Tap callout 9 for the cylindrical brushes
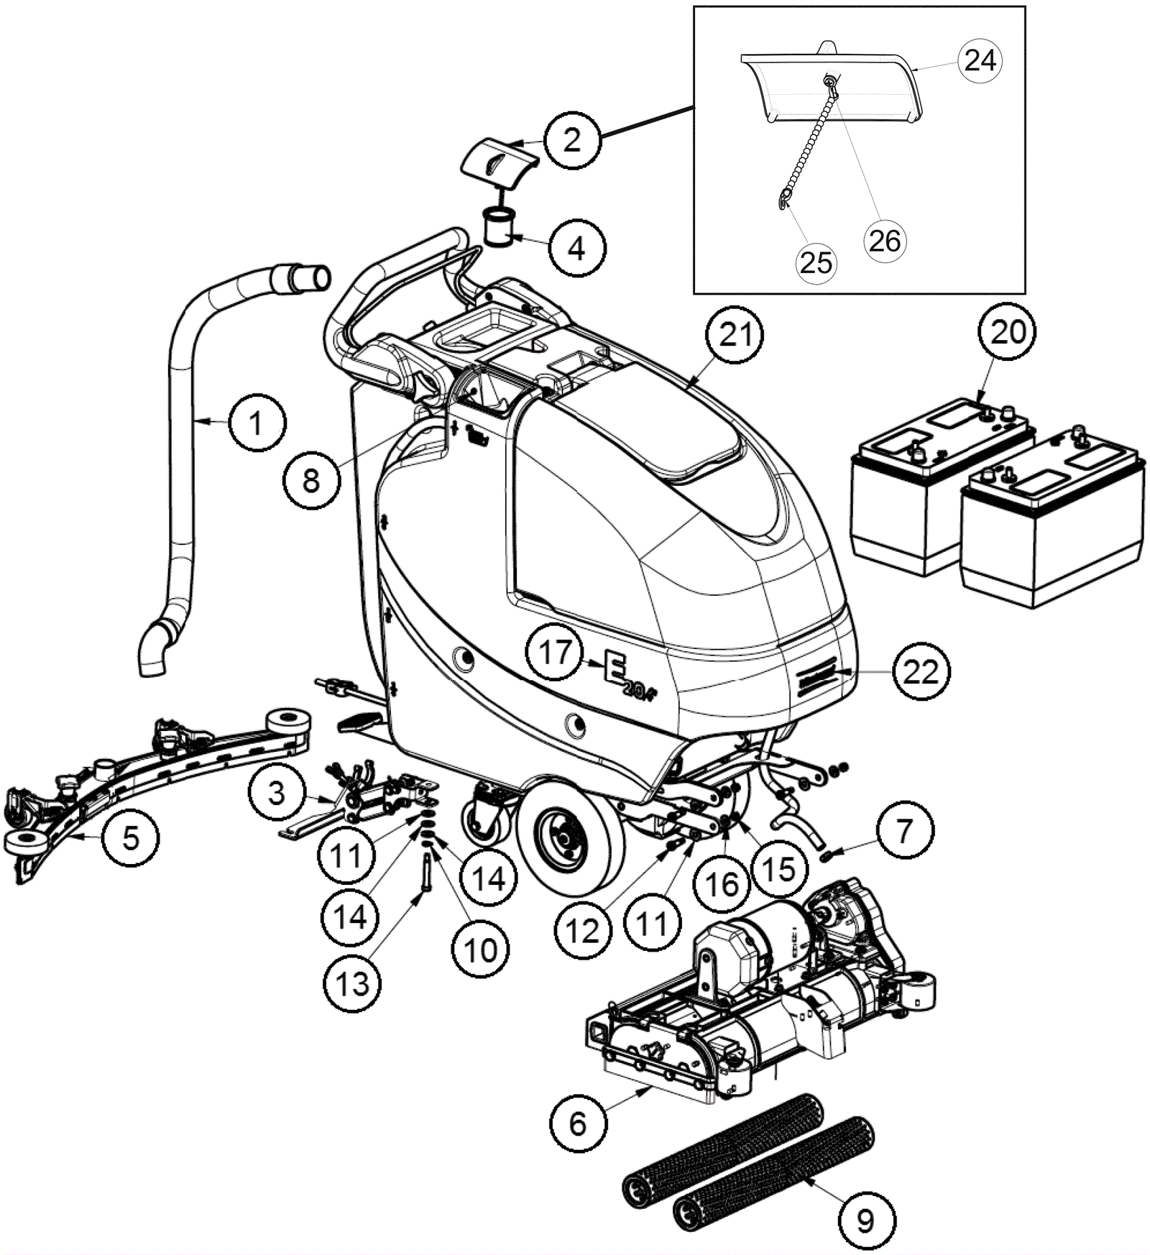click(x=866, y=1220)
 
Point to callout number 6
click(x=578, y=1124)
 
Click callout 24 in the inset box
click(x=980, y=60)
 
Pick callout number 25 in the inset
click(x=816, y=262)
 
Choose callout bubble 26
click(x=884, y=240)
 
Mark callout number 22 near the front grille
click(x=921, y=672)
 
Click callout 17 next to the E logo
click(x=555, y=653)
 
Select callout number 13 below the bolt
click(x=352, y=984)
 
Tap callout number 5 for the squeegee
click(x=130, y=837)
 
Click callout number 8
click(x=310, y=480)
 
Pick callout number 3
click(x=277, y=794)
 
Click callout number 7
click(x=903, y=831)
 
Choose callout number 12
click(x=581, y=931)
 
